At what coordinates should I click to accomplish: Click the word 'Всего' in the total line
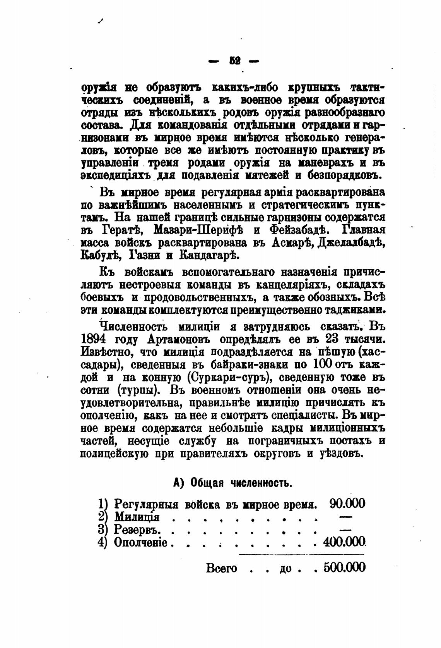pos(221,568)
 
